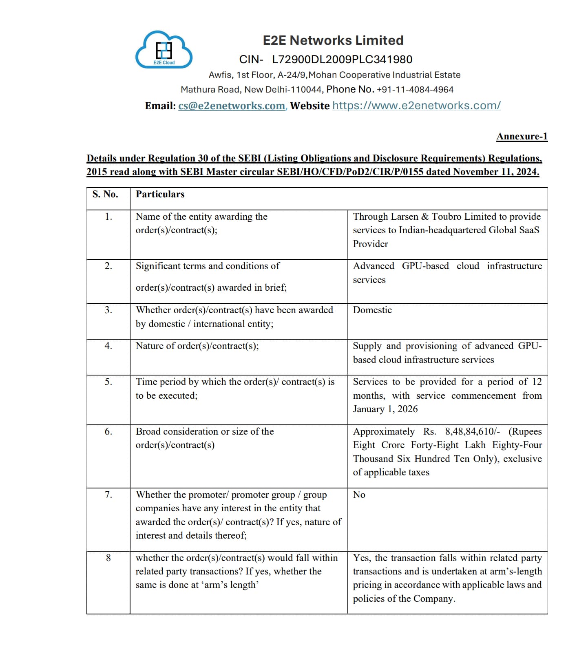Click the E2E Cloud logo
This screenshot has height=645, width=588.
164,50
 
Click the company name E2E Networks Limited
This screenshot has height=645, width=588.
333,40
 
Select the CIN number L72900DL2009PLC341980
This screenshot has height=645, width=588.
342,60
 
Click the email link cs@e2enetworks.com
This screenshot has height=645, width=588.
232,106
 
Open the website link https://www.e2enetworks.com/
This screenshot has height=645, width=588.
416,106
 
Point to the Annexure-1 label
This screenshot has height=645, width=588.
522,137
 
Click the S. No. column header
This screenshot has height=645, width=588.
105,194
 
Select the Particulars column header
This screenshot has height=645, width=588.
160,194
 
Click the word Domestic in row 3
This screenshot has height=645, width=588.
372,310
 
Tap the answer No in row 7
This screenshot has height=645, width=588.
359,495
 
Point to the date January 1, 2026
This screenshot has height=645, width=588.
385,409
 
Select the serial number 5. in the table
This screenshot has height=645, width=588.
108,382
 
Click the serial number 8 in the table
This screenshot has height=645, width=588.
108,558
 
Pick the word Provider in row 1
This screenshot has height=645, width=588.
370,244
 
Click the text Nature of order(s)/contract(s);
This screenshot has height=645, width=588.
197,346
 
